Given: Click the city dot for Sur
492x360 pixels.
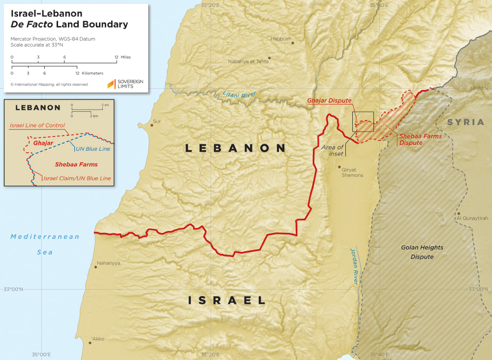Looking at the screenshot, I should [x=152, y=125].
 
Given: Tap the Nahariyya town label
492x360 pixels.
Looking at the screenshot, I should [x=109, y=263].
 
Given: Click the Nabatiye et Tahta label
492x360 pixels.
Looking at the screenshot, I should [x=248, y=62].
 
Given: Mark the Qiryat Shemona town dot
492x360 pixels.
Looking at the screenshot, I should [x=339, y=167].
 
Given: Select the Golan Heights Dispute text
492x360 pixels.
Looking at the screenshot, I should [x=422, y=252].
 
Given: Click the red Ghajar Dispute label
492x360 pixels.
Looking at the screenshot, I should [x=329, y=100].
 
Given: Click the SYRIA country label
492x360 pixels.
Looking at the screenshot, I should [x=465, y=122].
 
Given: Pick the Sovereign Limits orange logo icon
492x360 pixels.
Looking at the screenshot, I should [x=111, y=84].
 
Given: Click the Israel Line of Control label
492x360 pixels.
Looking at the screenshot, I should [x=37, y=126].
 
